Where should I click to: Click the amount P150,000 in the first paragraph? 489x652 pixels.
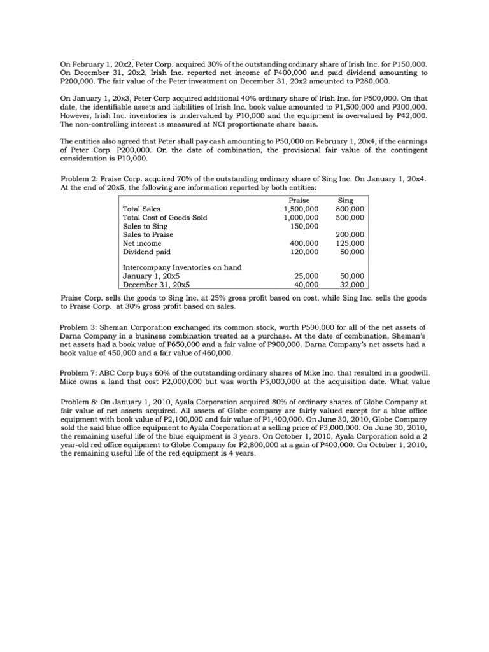point(410,64)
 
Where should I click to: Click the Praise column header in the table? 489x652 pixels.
point(299,199)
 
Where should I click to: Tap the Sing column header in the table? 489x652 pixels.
point(346,199)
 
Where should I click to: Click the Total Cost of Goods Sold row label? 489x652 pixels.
point(165,217)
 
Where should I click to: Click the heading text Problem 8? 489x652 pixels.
point(80,403)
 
